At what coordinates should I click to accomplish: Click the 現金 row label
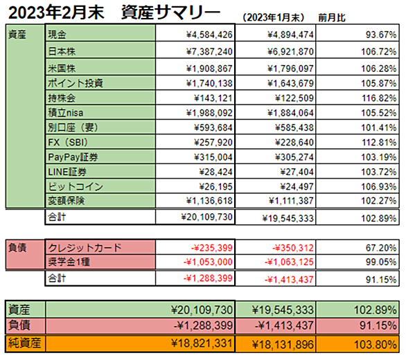click(x=57, y=35)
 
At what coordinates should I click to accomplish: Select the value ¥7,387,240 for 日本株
click(x=209, y=51)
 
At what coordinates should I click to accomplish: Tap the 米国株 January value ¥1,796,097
click(x=290, y=69)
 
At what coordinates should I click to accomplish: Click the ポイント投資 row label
click(x=76, y=83)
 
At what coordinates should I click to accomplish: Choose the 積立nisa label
click(x=66, y=113)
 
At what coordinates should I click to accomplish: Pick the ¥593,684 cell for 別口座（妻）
click(x=213, y=127)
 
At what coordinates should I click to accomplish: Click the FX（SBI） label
click(x=68, y=143)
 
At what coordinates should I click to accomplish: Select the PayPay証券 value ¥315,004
click(x=213, y=157)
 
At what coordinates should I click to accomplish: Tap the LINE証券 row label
click(x=67, y=172)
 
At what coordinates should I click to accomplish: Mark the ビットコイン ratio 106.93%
click(x=379, y=187)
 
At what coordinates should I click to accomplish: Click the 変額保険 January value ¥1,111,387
click(x=291, y=201)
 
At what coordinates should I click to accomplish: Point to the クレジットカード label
click(x=85, y=248)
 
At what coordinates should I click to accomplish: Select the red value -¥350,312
click(x=293, y=248)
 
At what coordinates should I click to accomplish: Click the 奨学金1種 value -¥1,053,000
click(x=208, y=262)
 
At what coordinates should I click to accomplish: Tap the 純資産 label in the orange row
click(x=25, y=343)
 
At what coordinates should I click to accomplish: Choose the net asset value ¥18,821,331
click(x=202, y=343)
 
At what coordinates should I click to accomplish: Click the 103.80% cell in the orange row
click(x=376, y=345)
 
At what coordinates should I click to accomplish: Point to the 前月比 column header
click(x=332, y=18)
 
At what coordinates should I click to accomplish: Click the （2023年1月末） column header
click(x=273, y=17)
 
